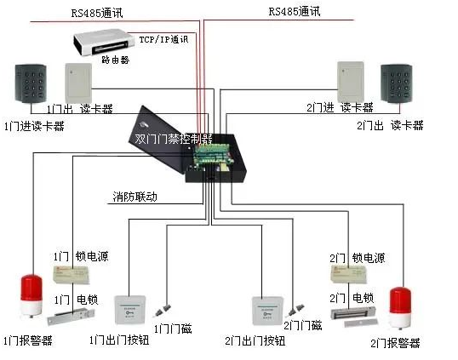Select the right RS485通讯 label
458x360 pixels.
(x=292, y=12)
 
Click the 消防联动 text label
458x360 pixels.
(x=135, y=197)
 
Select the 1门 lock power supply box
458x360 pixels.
(x=72, y=273)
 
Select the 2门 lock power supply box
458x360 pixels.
(x=348, y=272)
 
